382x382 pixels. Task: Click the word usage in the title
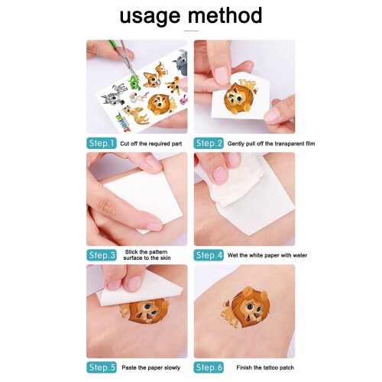tap(150, 17)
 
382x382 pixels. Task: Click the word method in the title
tap(225, 15)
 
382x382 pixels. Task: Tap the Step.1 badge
tap(102, 143)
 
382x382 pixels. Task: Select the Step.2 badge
tap(209, 143)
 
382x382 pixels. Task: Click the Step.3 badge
tap(102, 255)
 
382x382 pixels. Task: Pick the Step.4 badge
tap(209, 255)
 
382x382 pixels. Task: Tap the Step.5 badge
tap(102, 367)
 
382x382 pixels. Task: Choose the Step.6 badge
tap(209, 367)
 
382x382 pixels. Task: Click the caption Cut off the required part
tap(151, 144)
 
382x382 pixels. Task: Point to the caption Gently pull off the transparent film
tap(271, 144)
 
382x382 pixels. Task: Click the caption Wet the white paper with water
tap(267, 255)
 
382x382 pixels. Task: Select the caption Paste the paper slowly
tap(151, 367)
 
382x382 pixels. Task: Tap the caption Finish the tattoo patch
tap(265, 367)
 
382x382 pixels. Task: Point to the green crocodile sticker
tap(134, 82)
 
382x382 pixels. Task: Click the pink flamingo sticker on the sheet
tap(139, 97)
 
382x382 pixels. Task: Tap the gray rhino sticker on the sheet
tap(180, 63)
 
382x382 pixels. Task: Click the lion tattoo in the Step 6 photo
tap(246, 307)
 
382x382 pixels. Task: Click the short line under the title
tap(191, 31)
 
